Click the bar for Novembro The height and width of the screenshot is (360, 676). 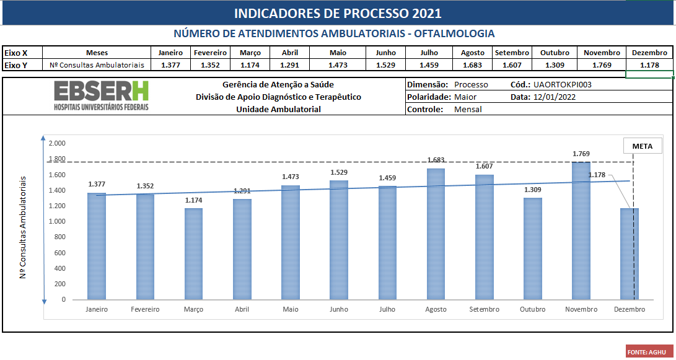tap(581, 230)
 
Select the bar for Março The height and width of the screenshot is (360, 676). tap(194, 253)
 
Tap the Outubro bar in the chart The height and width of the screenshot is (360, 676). tap(532, 248)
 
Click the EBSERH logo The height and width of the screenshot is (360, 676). tap(101, 96)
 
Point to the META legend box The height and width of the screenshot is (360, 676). tap(643, 146)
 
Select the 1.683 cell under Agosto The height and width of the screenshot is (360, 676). tap(472, 64)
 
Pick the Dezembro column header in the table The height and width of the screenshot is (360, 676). tap(650, 53)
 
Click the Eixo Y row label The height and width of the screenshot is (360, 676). tap(16, 64)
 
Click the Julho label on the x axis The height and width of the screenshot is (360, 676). tap(387, 309)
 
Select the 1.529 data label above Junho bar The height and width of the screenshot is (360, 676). tap(339, 172)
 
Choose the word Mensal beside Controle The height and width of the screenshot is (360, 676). tap(468, 109)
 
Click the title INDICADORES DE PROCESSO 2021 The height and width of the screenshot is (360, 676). tap(338, 14)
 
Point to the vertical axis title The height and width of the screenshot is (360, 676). tap(23, 227)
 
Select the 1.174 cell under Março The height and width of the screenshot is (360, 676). tap(250, 64)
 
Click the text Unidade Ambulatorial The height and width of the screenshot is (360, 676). tap(278, 109)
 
